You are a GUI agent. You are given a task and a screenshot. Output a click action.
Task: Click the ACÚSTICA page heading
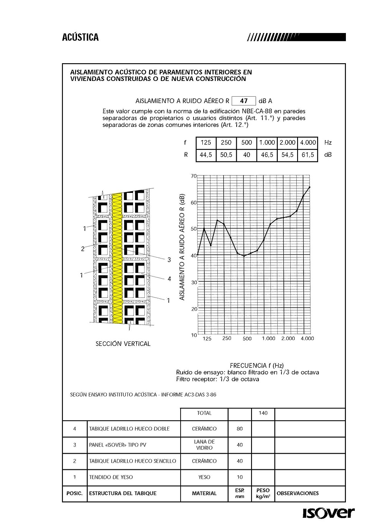[x=80, y=37]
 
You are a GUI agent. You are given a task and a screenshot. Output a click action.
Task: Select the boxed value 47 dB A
[x=244, y=101]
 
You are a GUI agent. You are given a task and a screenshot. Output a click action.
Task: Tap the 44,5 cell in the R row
[x=206, y=155]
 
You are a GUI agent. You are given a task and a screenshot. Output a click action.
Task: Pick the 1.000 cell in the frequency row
[x=267, y=143]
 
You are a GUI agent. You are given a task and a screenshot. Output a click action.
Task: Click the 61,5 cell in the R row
[x=308, y=155]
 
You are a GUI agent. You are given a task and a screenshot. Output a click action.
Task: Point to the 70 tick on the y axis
[x=194, y=176]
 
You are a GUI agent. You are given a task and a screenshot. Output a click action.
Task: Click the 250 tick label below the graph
[x=227, y=338]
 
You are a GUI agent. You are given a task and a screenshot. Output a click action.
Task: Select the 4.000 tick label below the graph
[x=307, y=338]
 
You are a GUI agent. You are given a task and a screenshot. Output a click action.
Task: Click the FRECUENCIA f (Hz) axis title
[x=257, y=365]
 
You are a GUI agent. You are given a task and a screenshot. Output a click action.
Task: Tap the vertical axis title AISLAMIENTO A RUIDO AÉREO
[x=182, y=246]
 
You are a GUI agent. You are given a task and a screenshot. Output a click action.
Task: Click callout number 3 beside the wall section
[x=169, y=260]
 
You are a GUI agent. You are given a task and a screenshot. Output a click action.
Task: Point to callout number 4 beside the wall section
[x=169, y=279]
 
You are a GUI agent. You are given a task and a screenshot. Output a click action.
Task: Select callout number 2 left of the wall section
[x=83, y=249]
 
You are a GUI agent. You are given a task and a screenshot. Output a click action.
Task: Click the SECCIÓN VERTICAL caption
[x=123, y=344]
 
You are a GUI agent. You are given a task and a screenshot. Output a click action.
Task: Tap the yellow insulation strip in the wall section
[x=117, y=258]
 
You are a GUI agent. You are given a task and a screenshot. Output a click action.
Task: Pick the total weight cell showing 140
[x=263, y=413]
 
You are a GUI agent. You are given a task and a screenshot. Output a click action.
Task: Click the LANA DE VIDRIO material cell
[x=204, y=445]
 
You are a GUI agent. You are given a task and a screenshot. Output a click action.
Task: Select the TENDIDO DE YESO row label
[x=111, y=477]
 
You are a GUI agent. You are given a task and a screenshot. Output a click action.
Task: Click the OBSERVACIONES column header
[x=298, y=493]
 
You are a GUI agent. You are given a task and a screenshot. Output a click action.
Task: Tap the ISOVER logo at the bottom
[x=329, y=513]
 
